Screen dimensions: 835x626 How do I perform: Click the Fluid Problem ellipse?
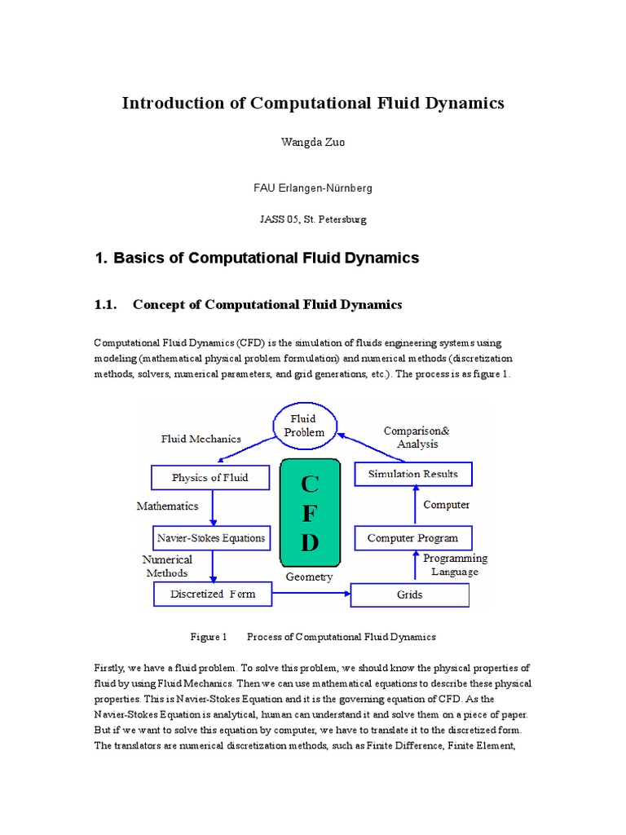point(302,426)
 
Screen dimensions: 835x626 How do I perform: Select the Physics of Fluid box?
point(209,477)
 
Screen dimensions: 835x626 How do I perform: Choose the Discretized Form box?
point(212,594)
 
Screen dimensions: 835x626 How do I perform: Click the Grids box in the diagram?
point(409,594)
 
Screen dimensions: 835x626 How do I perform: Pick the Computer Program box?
point(412,538)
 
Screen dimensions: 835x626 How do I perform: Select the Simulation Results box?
point(412,474)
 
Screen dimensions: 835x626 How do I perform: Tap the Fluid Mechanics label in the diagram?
point(201,439)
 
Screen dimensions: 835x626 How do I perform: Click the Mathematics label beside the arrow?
point(167,506)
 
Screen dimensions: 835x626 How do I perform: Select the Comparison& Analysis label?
point(417,437)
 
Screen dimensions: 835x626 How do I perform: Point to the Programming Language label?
point(455,565)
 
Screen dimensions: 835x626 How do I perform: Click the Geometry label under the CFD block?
point(309,577)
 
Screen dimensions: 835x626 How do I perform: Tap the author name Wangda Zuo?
point(313,143)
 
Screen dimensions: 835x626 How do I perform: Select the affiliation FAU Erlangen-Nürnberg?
point(313,188)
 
